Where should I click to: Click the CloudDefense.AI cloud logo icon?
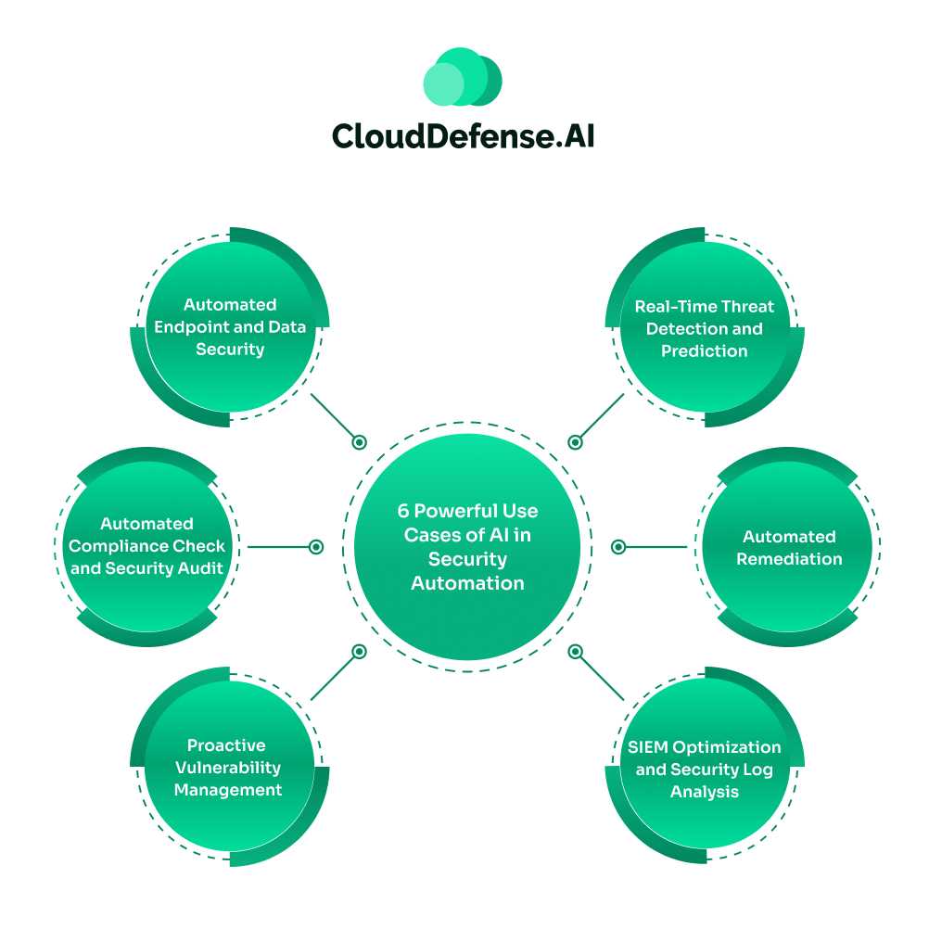coord(463,77)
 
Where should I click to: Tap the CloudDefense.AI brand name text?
coord(463,135)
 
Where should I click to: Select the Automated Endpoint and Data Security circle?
coord(230,327)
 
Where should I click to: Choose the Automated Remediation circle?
coord(789,547)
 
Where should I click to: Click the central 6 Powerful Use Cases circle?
coord(467,547)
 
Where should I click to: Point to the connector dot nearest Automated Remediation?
coord(618,547)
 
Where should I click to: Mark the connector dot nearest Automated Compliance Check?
coord(316,547)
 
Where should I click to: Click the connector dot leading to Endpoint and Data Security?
coord(360,443)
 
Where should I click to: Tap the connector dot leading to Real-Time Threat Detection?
coord(575,443)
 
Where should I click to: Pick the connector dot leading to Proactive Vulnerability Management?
coord(360,652)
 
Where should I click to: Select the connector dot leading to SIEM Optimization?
coord(575,652)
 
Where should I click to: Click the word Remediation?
coord(789,559)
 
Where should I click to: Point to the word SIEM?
coord(647,747)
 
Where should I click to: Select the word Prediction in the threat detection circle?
coord(704,351)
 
